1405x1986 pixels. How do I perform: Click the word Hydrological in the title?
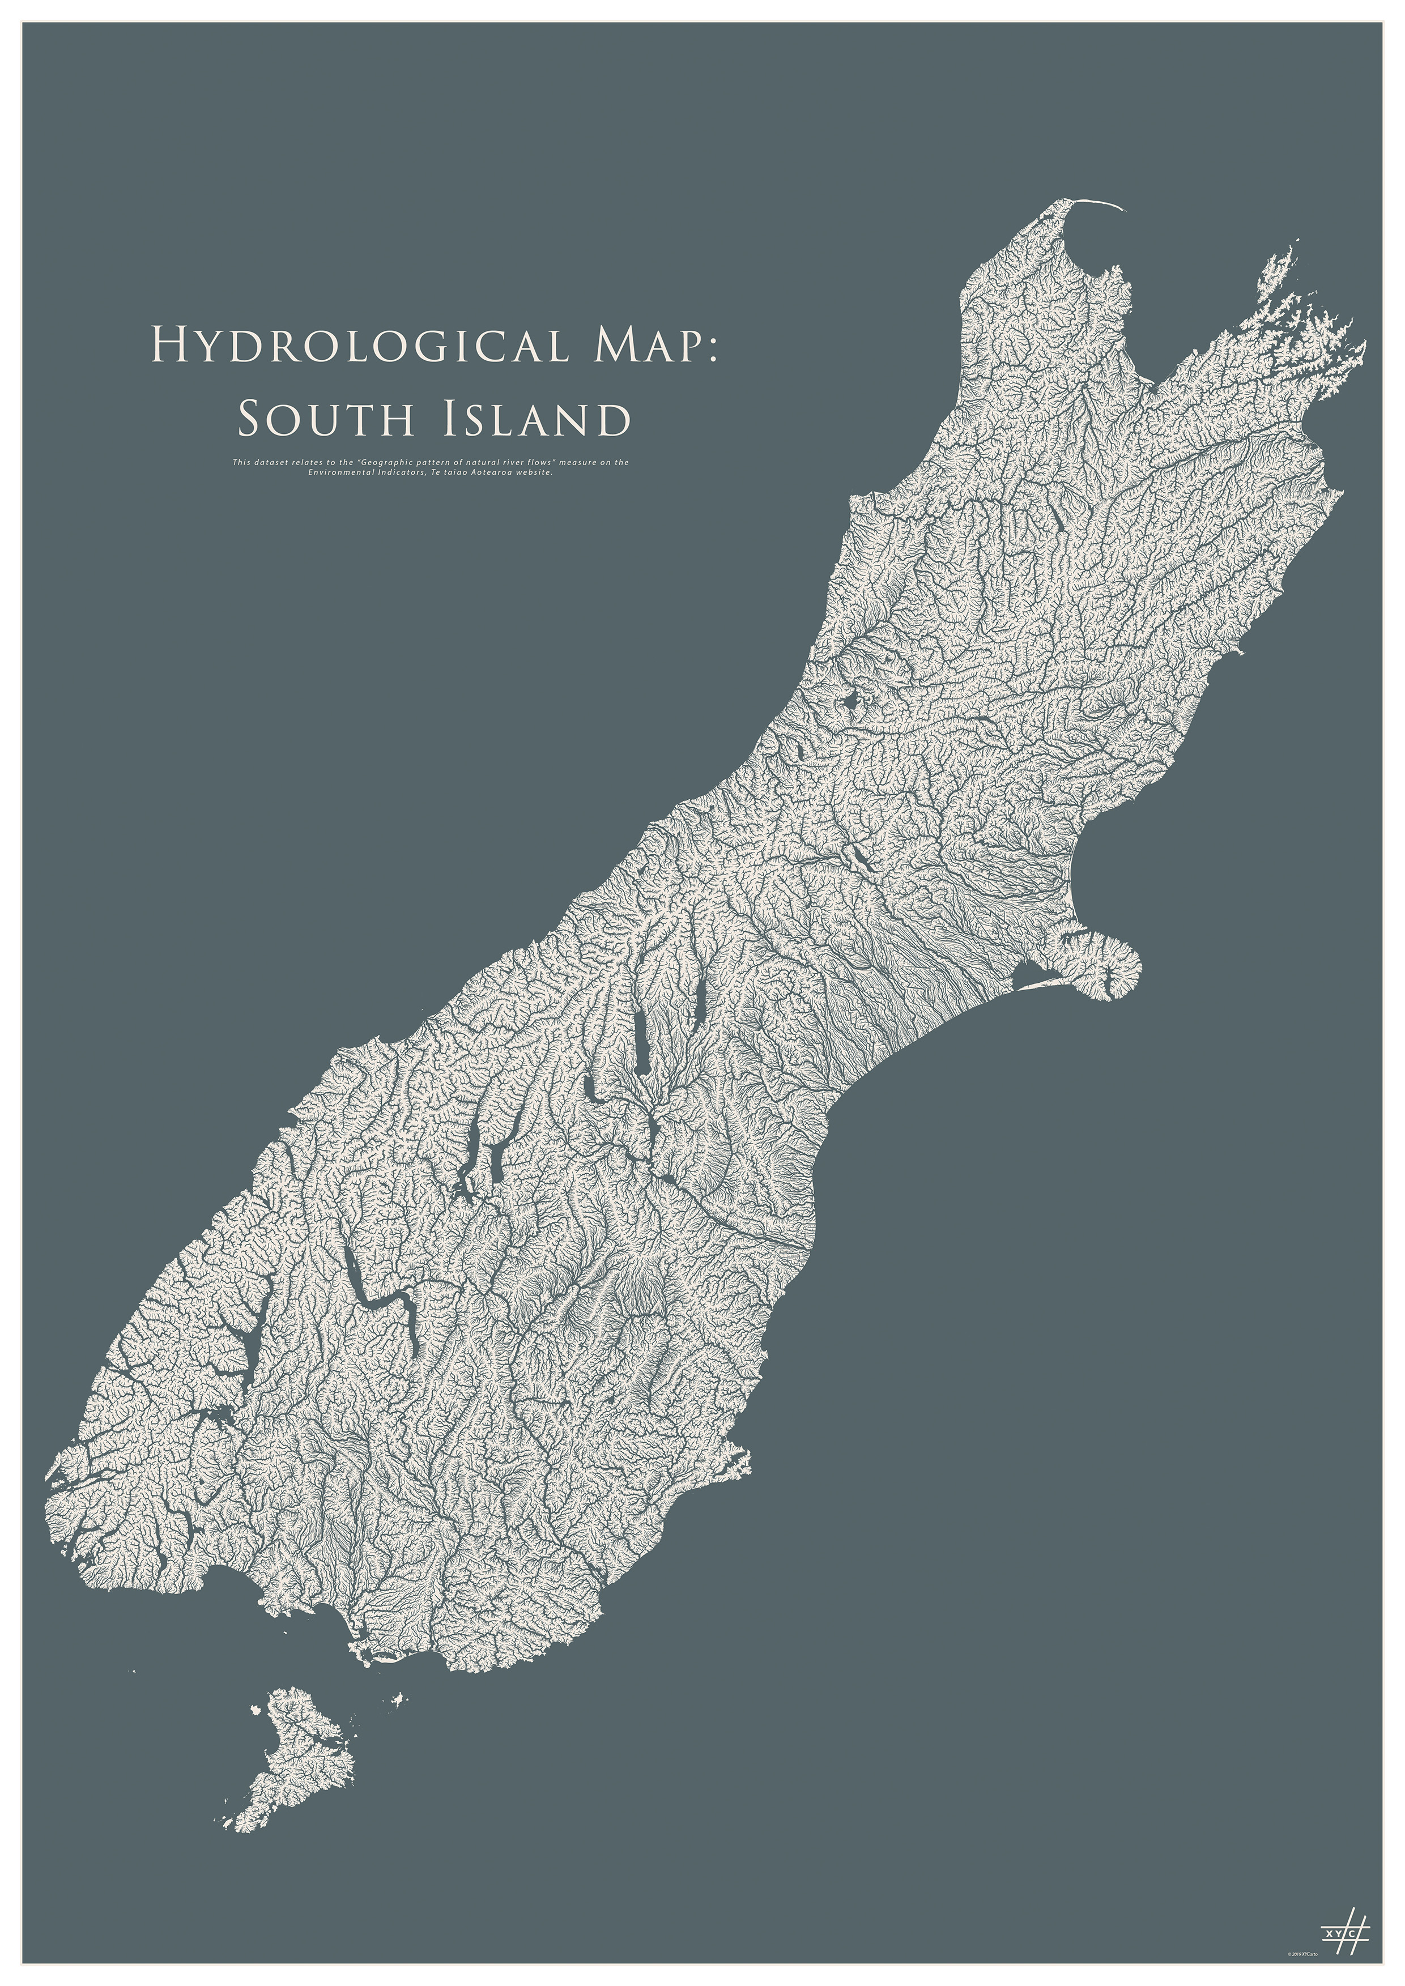[x=359, y=345]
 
